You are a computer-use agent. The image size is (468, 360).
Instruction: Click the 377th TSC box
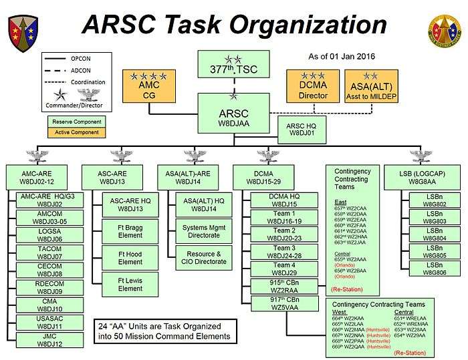[x=234, y=65]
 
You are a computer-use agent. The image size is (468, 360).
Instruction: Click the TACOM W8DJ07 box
[x=49, y=252]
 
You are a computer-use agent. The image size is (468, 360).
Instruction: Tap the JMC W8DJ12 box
[x=49, y=340]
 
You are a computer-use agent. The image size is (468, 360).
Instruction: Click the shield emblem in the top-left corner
[x=21, y=31]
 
